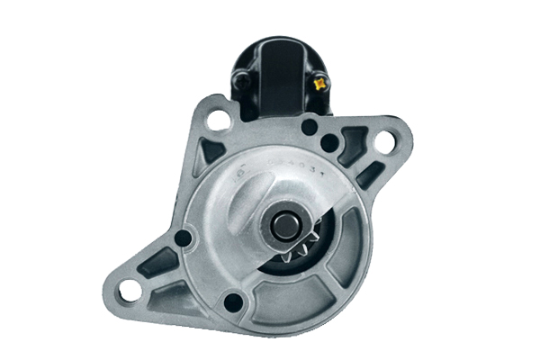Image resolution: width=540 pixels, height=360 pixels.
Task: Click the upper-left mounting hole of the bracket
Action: point(214,120)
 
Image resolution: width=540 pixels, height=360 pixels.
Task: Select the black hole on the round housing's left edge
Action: point(184,238)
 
